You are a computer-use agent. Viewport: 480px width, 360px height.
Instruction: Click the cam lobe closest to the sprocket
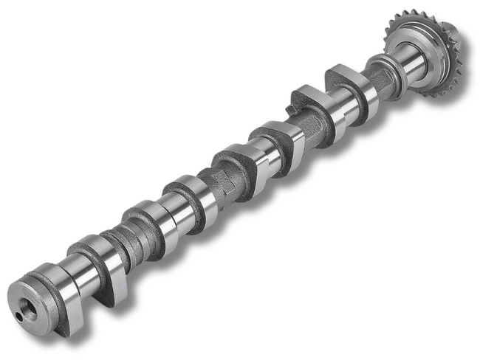352,89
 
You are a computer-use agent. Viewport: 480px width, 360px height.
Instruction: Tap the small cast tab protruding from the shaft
290,110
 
